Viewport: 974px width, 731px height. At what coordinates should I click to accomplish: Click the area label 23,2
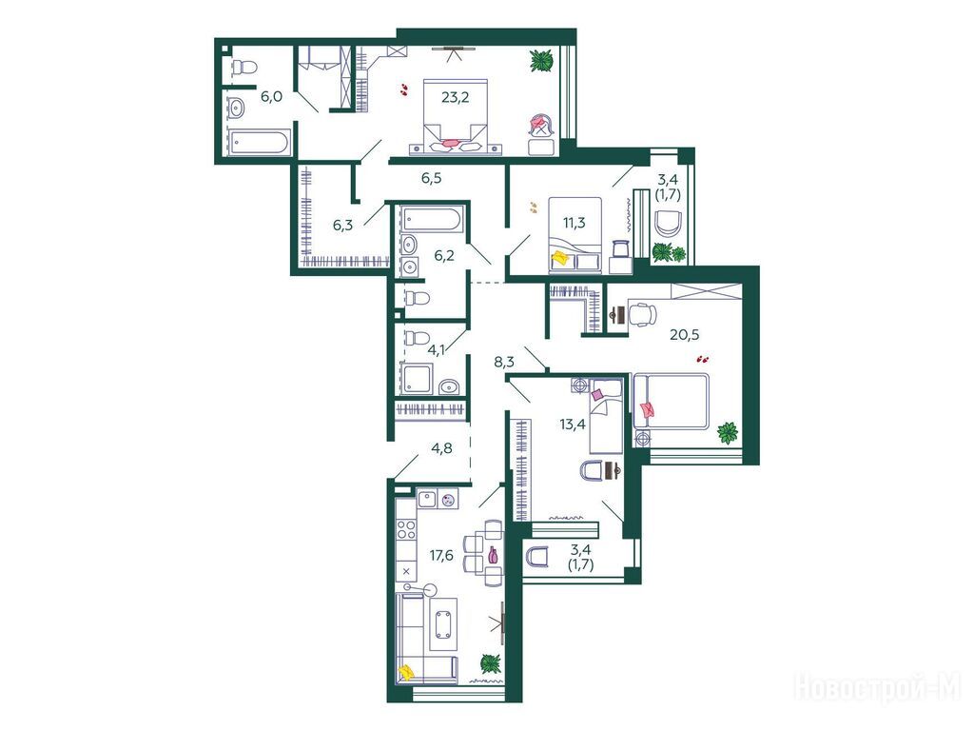click(x=456, y=97)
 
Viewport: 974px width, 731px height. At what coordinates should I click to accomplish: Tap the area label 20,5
click(x=685, y=334)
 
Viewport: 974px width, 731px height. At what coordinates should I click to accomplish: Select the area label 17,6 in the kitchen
click(x=441, y=555)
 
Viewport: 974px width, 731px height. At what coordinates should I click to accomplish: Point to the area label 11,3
click(x=574, y=223)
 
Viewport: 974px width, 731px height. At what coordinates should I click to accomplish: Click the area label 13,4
click(x=573, y=425)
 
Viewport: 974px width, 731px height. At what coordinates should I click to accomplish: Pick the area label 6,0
click(x=271, y=96)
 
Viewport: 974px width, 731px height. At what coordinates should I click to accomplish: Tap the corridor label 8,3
click(x=504, y=362)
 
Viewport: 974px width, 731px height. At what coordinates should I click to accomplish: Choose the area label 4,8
click(x=441, y=448)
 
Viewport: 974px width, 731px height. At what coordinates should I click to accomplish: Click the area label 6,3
click(x=342, y=225)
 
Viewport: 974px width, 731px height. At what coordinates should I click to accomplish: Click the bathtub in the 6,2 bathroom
click(x=430, y=220)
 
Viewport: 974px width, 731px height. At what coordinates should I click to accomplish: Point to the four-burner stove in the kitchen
click(x=407, y=529)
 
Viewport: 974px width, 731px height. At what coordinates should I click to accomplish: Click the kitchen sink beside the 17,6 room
click(x=427, y=499)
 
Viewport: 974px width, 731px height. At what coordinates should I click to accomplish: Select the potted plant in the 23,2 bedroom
click(x=541, y=61)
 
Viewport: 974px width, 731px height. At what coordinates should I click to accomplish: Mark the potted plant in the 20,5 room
click(x=728, y=433)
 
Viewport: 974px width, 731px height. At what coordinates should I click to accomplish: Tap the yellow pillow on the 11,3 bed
click(x=561, y=257)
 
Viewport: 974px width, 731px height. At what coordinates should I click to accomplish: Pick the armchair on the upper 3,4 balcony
click(x=669, y=223)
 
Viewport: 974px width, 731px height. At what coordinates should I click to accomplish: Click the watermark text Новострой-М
click(x=878, y=688)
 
